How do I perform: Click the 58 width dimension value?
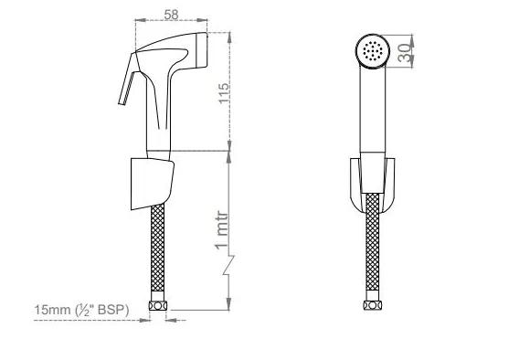[x=170, y=14]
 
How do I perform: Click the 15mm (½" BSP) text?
[x=80, y=311]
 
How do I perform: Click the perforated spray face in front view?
[x=372, y=51]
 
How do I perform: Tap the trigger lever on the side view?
[x=124, y=87]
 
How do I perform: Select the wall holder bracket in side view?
[x=154, y=179]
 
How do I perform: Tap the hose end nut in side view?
[x=159, y=309]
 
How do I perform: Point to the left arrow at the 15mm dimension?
[x=147, y=320]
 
